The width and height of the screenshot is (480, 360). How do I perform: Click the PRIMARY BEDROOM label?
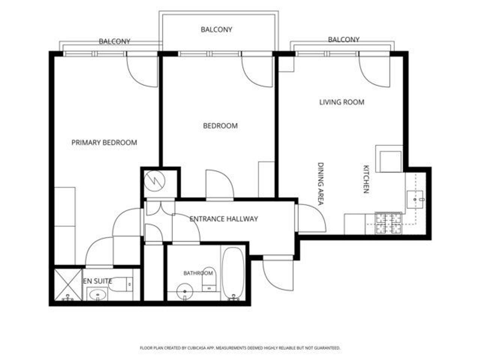(104, 142)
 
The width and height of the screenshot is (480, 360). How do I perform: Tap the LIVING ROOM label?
(342, 102)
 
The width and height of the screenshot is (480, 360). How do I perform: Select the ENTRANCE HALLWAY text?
(223, 219)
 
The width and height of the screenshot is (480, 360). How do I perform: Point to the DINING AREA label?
(320, 184)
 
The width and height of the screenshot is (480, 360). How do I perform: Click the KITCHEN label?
(366, 179)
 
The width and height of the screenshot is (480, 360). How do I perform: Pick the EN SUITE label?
(97, 281)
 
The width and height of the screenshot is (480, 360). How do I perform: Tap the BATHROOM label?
(198, 273)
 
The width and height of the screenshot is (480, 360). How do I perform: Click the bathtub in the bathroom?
(233, 274)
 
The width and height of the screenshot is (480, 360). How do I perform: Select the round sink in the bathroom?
(184, 292)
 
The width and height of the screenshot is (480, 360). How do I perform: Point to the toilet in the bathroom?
(209, 279)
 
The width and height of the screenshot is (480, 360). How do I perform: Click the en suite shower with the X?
(68, 285)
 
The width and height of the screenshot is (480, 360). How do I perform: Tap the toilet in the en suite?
(121, 284)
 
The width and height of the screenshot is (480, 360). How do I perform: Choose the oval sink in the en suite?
(97, 294)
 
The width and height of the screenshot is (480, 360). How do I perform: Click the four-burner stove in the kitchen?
(388, 223)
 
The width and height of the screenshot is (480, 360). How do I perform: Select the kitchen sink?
(415, 199)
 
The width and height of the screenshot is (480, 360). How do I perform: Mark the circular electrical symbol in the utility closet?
(154, 181)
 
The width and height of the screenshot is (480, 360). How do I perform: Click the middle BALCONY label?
(216, 30)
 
